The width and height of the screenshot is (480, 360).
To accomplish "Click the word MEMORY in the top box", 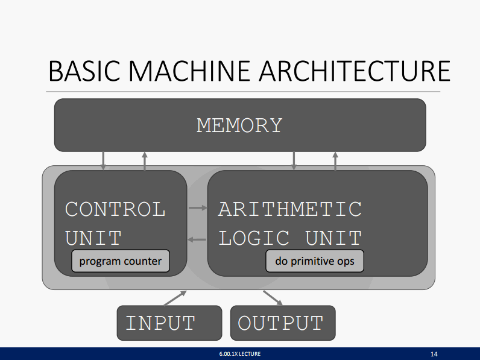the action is [239, 125].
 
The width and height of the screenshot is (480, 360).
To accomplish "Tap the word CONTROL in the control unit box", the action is [115, 209].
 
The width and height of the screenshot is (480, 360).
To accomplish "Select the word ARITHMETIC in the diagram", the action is [289, 209].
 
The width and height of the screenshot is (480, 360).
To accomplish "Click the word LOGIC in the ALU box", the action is [254, 238].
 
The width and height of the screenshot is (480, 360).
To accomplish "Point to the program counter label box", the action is [121, 261].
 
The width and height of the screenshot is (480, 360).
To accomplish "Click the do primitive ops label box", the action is [315, 261].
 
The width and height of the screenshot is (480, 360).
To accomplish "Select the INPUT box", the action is [169, 323].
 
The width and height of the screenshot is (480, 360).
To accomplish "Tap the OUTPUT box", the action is [283, 323].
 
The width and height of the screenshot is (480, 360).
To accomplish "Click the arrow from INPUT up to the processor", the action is [175, 298].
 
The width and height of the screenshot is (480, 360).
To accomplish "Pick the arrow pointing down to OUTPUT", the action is [273, 298].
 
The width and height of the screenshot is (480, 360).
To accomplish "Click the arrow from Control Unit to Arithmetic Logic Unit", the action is [198, 208].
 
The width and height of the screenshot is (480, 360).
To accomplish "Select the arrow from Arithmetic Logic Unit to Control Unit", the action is [197, 239].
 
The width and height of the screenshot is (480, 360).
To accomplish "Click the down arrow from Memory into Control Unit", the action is [103, 161].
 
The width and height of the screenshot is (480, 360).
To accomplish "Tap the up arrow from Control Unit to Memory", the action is [145, 161].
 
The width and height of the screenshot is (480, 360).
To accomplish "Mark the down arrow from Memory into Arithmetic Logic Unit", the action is [294, 161].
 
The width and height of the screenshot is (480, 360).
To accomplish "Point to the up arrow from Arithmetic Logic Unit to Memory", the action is [335, 161].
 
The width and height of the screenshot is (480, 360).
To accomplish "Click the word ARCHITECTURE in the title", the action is [355, 71].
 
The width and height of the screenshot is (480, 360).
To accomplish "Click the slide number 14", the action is [434, 354].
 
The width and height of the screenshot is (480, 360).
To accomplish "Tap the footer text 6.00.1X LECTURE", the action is [239, 354].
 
